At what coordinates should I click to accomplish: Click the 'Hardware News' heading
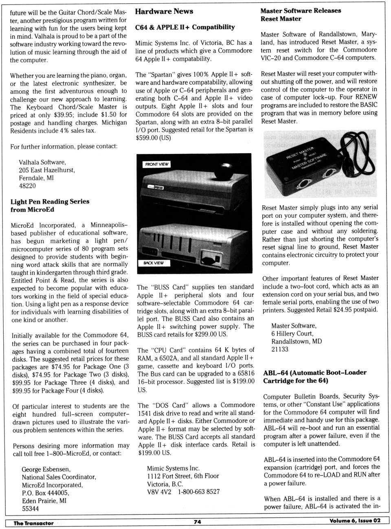[164, 11]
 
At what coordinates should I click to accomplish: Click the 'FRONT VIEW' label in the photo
[157, 164]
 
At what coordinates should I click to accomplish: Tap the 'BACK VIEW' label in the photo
[154, 263]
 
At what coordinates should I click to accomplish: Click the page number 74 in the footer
[198, 522]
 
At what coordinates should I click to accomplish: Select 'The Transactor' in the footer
[33, 523]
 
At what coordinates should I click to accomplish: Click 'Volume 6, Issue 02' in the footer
[355, 521]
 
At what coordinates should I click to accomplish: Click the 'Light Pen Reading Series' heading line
[50, 202]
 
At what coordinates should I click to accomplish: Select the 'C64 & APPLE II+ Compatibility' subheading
[185, 27]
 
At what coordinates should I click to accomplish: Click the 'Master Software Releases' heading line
[301, 11]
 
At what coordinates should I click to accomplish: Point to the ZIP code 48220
[27, 186]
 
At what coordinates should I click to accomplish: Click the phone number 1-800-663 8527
[198, 492]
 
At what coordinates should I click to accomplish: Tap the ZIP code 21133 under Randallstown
[280, 349]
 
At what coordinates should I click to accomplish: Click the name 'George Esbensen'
[46, 469]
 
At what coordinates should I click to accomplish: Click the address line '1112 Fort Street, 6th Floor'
[183, 476]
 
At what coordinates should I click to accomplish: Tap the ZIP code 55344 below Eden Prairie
[31, 508]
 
